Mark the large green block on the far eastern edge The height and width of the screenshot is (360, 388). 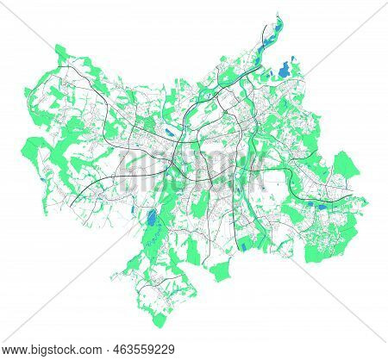pos(346,163)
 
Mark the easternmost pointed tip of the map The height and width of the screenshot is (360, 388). pos(368,199)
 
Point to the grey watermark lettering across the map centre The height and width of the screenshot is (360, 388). pos(194,172)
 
